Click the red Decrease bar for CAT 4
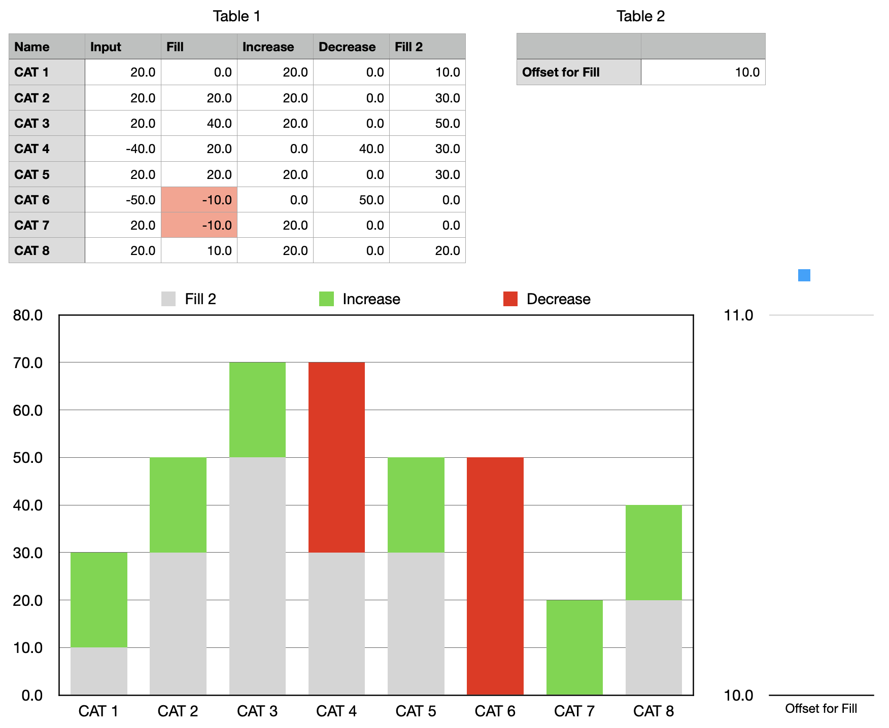coord(336,457)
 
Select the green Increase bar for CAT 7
coord(574,647)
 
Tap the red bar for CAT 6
coord(495,576)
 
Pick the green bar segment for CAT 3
coord(257,410)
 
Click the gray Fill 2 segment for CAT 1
coord(99,671)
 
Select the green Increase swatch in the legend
coord(326,299)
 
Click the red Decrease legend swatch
coord(510,299)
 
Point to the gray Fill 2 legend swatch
coord(168,299)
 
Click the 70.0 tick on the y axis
coord(28,363)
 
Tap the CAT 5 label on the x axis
coord(416,711)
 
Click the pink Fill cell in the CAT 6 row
coord(199,200)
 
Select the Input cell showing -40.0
coord(123,149)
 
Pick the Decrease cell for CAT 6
coord(351,200)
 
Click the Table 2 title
coord(640,16)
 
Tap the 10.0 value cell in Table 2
coord(703,72)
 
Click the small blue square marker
coord(804,275)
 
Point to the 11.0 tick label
coord(738,315)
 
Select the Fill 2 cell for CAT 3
coord(427,123)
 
